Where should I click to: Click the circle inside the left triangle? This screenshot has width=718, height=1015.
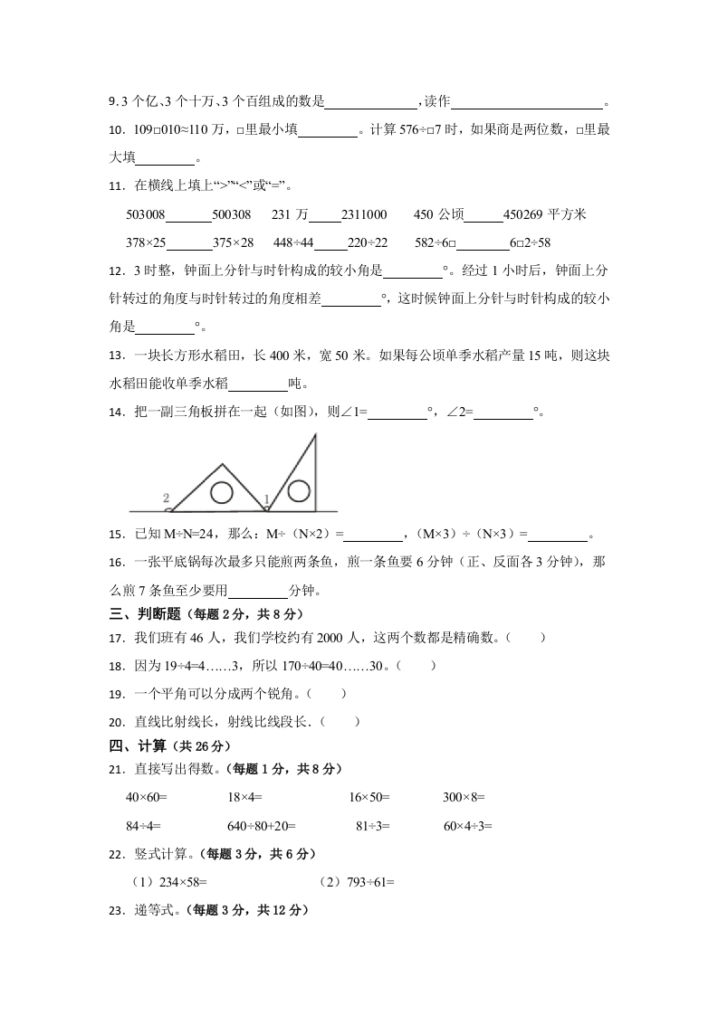(x=222, y=492)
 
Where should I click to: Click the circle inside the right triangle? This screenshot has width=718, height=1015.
(x=296, y=490)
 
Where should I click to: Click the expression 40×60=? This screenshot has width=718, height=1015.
(x=148, y=798)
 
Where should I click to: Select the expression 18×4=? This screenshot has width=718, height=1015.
(x=244, y=798)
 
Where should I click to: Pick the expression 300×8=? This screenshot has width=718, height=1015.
(x=464, y=798)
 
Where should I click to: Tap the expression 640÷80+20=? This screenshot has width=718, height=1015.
(x=262, y=825)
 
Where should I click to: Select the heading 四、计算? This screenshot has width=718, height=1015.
(x=136, y=746)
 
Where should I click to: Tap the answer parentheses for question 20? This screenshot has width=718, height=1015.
(x=340, y=721)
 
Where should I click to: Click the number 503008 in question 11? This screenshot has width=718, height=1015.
(x=146, y=214)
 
